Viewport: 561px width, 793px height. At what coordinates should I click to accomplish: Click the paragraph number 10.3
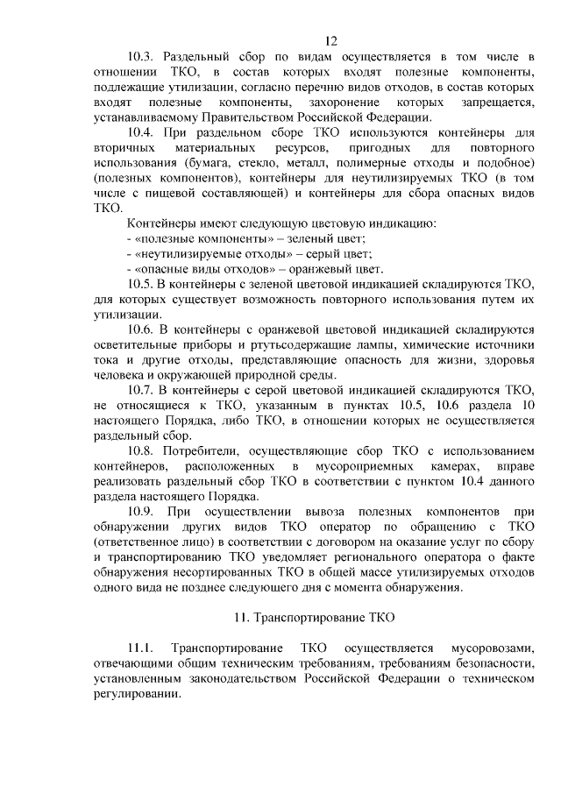143,57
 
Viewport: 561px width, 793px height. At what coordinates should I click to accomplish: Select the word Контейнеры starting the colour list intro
162,223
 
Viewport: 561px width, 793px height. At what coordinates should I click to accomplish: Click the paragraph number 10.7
143,390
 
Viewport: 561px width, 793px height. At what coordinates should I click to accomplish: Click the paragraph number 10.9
143,511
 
